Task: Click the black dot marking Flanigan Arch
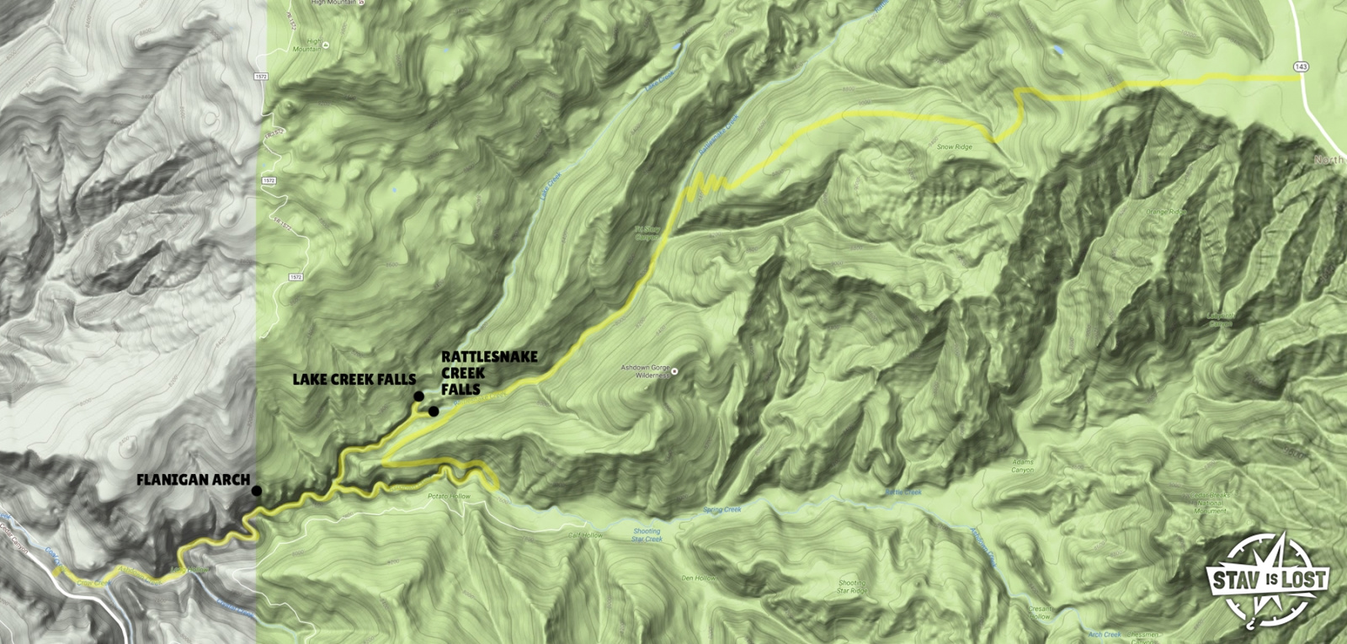pyautogui.click(x=256, y=491)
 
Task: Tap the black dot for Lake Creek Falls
pyautogui.click(x=418, y=397)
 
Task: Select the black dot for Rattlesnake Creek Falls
pyautogui.click(x=433, y=412)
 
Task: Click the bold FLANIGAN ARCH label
pyautogui.click(x=193, y=480)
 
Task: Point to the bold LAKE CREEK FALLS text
pyautogui.click(x=354, y=380)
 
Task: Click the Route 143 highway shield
pyautogui.click(x=1302, y=67)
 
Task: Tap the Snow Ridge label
pyautogui.click(x=954, y=147)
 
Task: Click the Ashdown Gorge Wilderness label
pyautogui.click(x=645, y=371)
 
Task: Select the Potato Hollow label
pyautogui.click(x=449, y=497)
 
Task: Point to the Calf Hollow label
pyautogui.click(x=585, y=535)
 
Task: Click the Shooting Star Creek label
pyautogui.click(x=647, y=535)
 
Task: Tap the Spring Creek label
pyautogui.click(x=721, y=510)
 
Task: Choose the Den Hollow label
pyautogui.click(x=698, y=578)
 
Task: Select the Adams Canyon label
pyautogui.click(x=1022, y=466)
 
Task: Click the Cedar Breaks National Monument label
pyautogui.click(x=1209, y=503)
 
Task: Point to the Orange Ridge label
pyautogui.click(x=1165, y=212)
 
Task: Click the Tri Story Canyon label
pyautogui.click(x=647, y=232)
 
